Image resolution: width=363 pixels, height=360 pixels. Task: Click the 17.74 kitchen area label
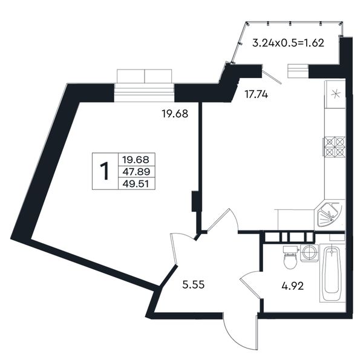coord(257,94)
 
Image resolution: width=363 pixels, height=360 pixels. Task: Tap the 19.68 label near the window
coord(175,114)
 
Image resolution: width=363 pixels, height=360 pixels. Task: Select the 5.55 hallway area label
coord(194,285)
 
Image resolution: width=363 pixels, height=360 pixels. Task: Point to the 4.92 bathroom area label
coord(293,286)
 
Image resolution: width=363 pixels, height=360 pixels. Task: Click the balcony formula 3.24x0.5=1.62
coord(288,43)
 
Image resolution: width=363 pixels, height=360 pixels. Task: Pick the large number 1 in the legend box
coord(105,171)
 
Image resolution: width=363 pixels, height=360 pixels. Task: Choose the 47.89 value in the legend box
coord(136,172)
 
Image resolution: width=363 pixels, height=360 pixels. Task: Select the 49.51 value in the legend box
coord(136,184)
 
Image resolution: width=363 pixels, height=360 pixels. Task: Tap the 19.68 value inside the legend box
coord(136,160)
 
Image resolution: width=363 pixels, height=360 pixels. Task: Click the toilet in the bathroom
coord(290,257)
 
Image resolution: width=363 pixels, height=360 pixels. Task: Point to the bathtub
coord(332,273)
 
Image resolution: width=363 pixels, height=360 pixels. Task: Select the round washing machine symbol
coord(309,253)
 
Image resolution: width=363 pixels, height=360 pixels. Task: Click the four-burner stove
coord(335,146)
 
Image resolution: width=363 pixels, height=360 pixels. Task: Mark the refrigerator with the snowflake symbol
coord(335,94)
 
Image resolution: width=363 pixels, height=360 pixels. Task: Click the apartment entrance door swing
coord(241,332)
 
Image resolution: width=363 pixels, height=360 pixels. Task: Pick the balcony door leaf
coord(272,74)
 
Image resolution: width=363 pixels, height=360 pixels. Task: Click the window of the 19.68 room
coord(144,85)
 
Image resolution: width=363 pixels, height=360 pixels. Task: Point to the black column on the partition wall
coord(194,201)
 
